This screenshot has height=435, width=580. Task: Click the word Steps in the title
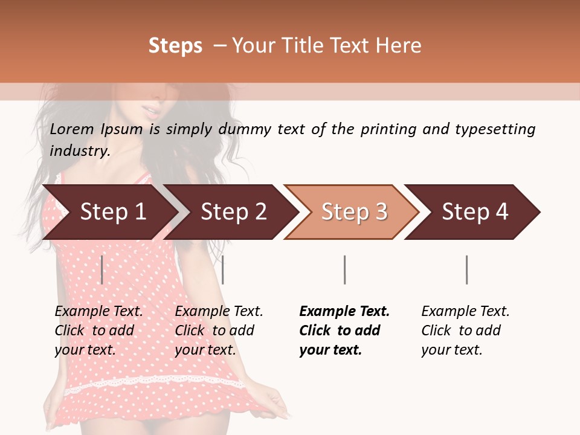tap(175, 46)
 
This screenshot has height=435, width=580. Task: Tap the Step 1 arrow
tap(109, 212)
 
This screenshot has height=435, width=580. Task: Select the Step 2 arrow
tap(233, 212)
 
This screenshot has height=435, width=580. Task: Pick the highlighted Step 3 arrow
tap(353, 212)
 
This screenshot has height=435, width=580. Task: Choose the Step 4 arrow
tap(474, 212)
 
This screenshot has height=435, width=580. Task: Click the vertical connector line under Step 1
tap(102, 269)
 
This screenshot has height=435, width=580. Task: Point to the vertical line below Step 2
tap(223, 269)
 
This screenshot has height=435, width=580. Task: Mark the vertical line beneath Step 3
tap(344, 269)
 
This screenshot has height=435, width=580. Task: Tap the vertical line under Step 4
tap(466, 269)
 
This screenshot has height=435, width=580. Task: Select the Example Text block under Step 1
tap(98, 330)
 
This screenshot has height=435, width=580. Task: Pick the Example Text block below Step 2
tap(219, 330)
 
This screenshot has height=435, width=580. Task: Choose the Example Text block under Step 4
tap(465, 330)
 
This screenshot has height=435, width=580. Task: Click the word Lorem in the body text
tap(72, 129)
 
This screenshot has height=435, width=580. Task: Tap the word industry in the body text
tap(79, 150)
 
